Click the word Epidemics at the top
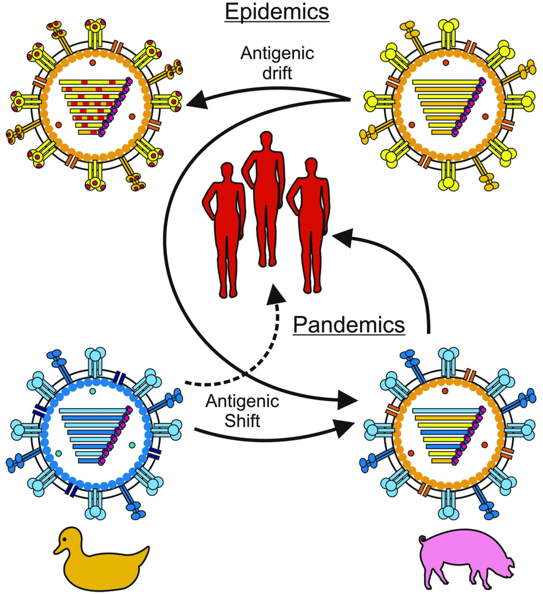277,11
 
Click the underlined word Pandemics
349,324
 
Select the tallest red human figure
264,202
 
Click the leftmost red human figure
224,228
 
